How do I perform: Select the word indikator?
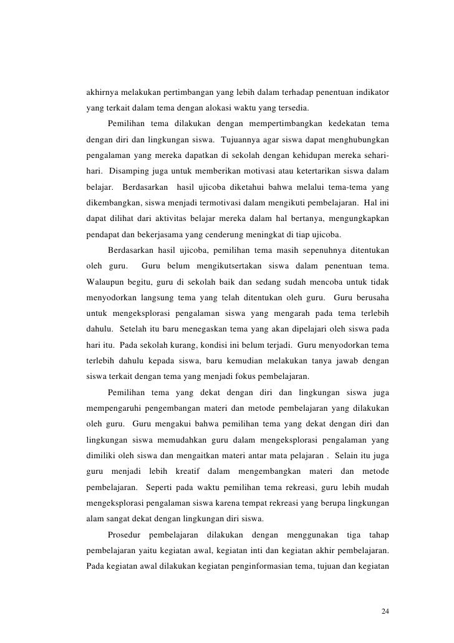371,93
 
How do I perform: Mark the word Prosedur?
125,534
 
